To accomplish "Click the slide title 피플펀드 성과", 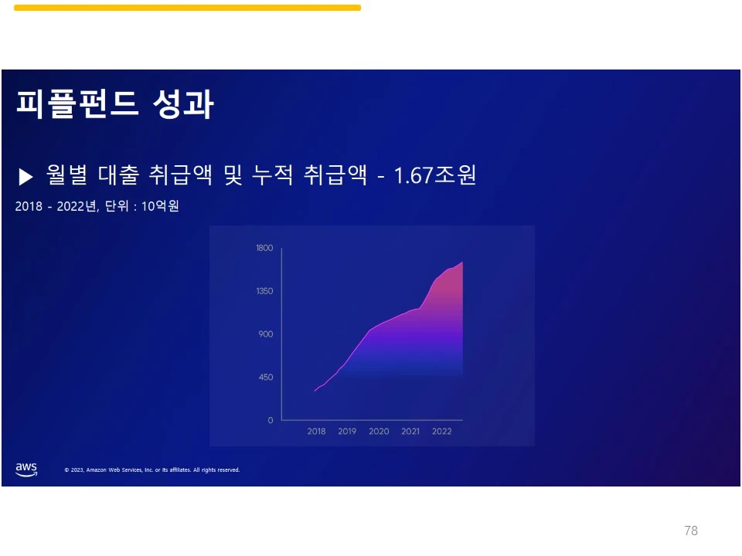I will (x=114, y=105).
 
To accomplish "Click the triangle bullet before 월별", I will (x=26, y=177).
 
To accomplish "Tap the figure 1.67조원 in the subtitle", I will (x=435, y=175).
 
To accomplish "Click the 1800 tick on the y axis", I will (x=264, y=248).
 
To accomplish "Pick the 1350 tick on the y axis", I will (x=264, y=291).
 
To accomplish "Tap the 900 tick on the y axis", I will (x=266, y=334).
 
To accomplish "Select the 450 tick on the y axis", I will (x=266, y=378).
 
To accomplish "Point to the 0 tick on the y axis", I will (x=271, y=420).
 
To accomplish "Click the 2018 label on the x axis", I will (x=316, y=431).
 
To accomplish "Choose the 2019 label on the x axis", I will (x=347, y=431).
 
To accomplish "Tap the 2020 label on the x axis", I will (x=379, y=431).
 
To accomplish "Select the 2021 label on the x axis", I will (x=410, y=431).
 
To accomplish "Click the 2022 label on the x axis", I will (x=441, y=431).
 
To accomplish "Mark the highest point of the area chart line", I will (x=462, y=263).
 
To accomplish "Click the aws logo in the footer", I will (x=26, y=470).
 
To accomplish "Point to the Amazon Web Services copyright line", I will (x=152, y=470).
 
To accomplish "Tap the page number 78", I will (x=690, y=531).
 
